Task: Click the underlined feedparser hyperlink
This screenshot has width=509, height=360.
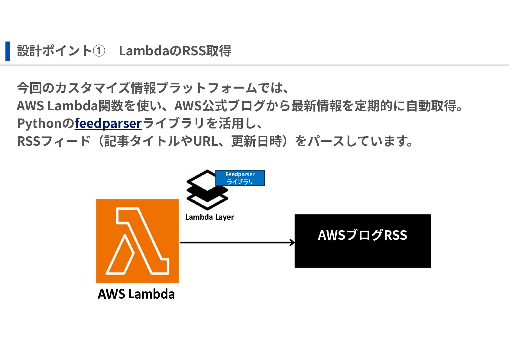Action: [108, 123]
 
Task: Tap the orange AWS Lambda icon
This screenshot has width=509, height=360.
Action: [137, 241]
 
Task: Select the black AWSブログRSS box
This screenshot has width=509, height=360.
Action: [362, 241]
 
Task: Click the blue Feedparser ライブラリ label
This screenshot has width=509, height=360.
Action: [240, 178]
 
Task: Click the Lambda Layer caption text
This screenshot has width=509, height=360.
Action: [209, 217]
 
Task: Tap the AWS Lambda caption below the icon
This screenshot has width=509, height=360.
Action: [136, 294]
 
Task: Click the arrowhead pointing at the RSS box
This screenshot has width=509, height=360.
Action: [292, 242]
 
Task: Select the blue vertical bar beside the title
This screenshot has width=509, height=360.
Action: [8, 51]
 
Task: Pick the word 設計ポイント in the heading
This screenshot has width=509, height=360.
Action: [54, 51]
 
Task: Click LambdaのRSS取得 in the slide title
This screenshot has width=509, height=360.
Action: [175, 51]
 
